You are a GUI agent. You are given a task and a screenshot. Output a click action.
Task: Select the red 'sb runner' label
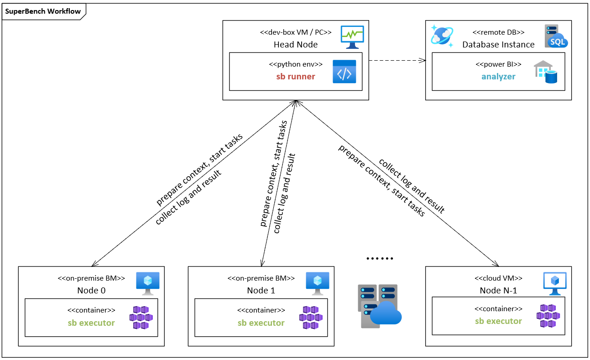tap(295, 77)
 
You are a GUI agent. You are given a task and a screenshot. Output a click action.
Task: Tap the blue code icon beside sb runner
tap(344, 71)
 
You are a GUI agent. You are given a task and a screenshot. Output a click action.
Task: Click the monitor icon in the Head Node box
tap(352, 37)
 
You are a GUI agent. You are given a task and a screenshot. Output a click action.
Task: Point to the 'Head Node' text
tap(295, 45)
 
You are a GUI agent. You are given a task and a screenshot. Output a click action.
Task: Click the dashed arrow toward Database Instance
tap(397, 60)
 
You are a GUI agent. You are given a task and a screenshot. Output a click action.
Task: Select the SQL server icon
tap(556, 37)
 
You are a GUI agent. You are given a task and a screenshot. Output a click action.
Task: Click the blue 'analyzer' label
tap(498, 77)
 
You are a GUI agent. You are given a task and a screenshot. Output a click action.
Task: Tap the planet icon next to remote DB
tap(442, 37)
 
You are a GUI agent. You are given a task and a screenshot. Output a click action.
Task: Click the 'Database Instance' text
tap(498, 45)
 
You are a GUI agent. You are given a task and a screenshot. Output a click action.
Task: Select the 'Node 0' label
tap(91, 291)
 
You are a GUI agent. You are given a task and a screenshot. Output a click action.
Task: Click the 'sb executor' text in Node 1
tap(261, 323)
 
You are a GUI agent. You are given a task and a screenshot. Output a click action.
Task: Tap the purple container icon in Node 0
tap(141, 318)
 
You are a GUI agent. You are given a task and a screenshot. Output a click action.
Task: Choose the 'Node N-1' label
tap(498, 291)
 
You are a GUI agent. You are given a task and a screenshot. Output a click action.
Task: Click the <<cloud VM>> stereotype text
tap(498, 278)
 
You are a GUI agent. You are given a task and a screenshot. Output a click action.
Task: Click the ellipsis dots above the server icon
tap(380, 259)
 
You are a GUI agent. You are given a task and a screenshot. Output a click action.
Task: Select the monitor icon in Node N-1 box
tap(554, 283)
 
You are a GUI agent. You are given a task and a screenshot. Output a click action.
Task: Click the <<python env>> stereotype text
tap(295, 64)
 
